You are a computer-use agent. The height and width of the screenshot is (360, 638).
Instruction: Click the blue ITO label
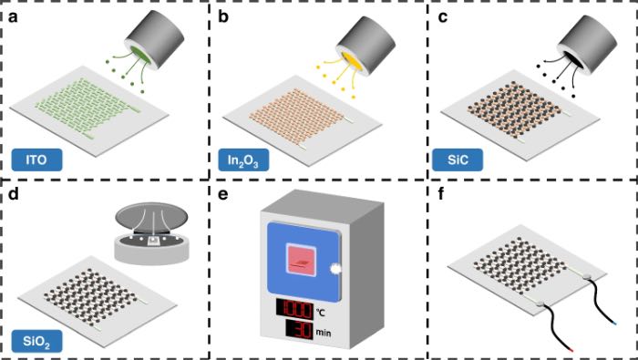coord(36,159)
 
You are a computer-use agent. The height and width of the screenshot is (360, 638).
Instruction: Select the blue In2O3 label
coord(243,159)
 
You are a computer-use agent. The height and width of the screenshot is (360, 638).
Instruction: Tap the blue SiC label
coord(458,159)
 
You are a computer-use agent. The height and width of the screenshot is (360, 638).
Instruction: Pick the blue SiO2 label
coord(36,341)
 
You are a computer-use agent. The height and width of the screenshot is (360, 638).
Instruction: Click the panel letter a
coord(13,18)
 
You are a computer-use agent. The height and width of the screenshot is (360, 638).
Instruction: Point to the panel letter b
coord(223,17)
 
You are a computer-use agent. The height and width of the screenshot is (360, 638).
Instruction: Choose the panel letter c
coord(442,18)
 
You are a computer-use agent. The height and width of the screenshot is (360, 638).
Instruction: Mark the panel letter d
coord(14,193)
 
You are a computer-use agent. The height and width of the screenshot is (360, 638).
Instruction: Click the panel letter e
coord(223,195)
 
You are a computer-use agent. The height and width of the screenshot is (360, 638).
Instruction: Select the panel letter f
coord(441,193)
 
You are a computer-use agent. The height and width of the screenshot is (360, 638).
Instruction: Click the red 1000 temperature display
coord(294,308)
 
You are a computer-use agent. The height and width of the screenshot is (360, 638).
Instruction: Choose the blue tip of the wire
coord(614,324)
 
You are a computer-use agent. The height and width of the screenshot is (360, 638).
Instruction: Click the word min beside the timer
coord(324,333)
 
